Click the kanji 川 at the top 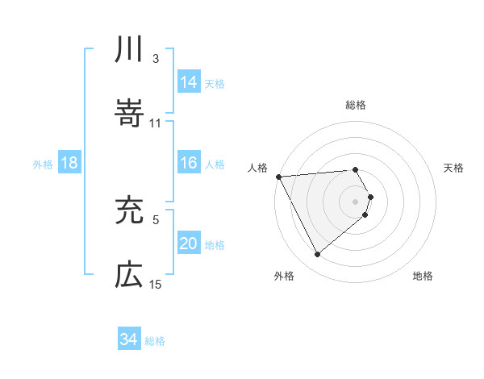129,51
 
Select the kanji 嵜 129,114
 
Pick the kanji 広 129,275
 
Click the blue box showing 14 189,82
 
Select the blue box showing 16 189,164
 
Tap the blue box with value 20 189,244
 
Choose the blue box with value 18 69,164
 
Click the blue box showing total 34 129,339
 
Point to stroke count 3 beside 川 155,58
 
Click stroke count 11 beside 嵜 156,123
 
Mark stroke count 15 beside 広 156,284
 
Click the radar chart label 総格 356,105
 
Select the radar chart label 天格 454,168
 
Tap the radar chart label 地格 423,277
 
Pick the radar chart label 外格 284,277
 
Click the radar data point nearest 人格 277,176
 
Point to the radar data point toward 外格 318,255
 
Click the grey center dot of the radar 356,201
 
